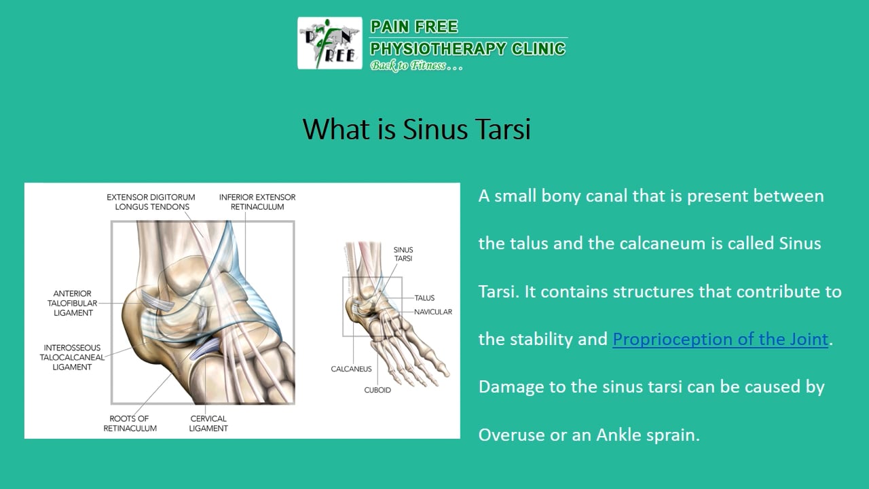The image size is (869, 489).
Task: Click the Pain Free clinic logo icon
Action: (x=330, y=43)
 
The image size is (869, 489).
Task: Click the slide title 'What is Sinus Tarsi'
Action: (x=416, y=129)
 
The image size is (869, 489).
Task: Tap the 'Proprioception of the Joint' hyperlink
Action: (x=720, y=339)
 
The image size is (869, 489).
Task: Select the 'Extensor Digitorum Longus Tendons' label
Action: (x=148, y=202)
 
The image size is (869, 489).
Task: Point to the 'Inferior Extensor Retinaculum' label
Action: (x=257, y=202)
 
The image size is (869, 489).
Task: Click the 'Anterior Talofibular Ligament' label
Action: (x=72, y=304)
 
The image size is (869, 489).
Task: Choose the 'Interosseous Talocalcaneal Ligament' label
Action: (x=72, y=357)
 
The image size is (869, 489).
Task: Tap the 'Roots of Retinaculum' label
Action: (x=130, y=423)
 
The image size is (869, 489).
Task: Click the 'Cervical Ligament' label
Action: (x=208, y=423)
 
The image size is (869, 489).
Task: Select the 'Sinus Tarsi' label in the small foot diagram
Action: (x=403, y=254)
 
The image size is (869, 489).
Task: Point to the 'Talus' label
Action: (x=424, y=297)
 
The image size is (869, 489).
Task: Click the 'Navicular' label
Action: (x=432, y=312)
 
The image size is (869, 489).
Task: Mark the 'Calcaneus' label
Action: (x=351, y=369)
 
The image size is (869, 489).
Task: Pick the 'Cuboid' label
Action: (x=377, y=390)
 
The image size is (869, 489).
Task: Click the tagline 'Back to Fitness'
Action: (x=408, y=66)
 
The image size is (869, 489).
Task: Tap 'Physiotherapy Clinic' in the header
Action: (x=467, y=48)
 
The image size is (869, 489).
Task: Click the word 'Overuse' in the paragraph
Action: (x=510, y=435)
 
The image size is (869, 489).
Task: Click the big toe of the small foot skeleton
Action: (x=443, y=370)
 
